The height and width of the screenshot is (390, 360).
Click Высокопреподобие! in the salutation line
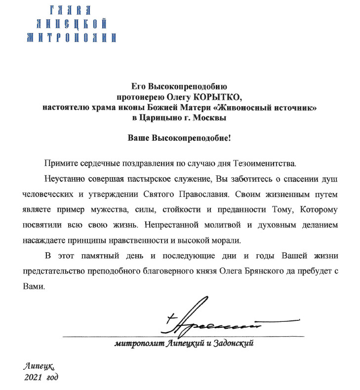(x=195, y=138)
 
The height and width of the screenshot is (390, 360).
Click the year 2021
(x=33, y=378)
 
